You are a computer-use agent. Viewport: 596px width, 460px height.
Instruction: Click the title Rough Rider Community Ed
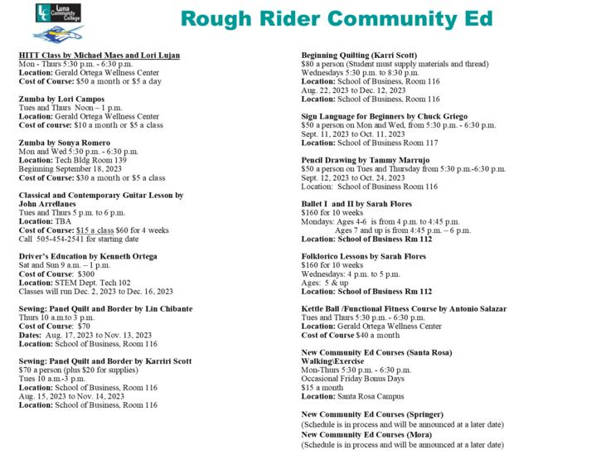coord(336,19)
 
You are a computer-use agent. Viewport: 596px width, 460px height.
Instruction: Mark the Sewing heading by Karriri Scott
coord(104,361)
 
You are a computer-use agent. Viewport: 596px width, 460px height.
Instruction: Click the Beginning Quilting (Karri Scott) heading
coord(358,56)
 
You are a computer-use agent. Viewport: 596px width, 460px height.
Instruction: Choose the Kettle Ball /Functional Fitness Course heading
coord(404,308)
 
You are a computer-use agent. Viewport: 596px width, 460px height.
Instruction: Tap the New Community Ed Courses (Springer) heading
coord(372,414)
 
